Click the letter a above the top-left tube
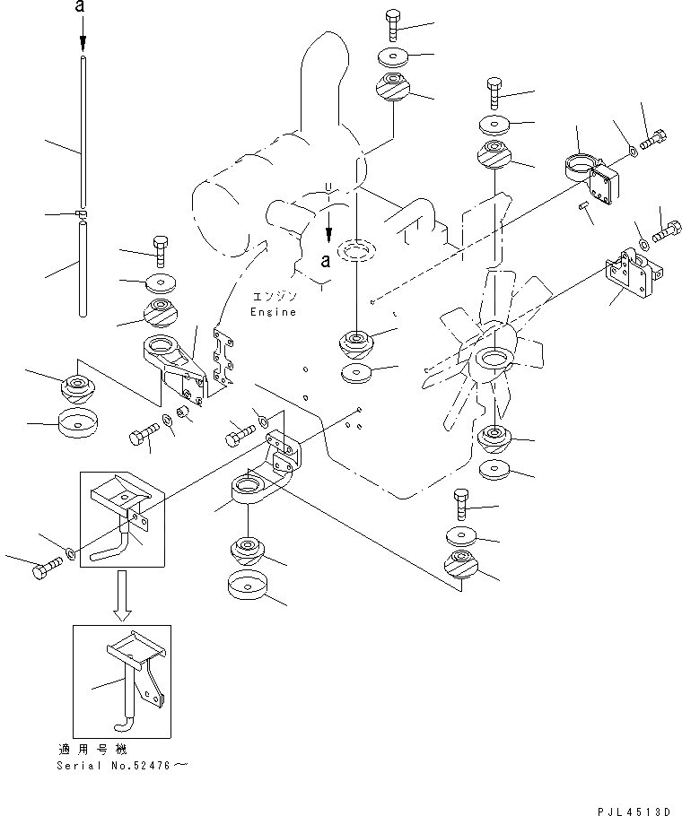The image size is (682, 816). pos(82,8)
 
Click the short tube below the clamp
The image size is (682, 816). pos(83,269)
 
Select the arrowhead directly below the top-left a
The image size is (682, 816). pos(82,42)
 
